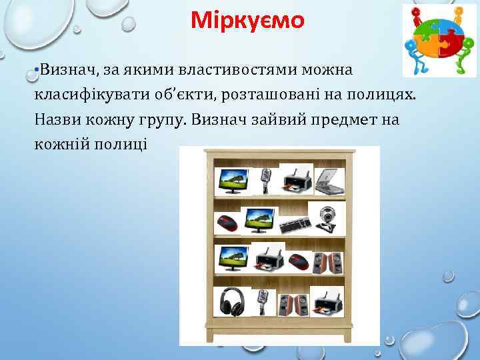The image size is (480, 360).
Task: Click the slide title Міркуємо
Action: (x=247, y=21)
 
